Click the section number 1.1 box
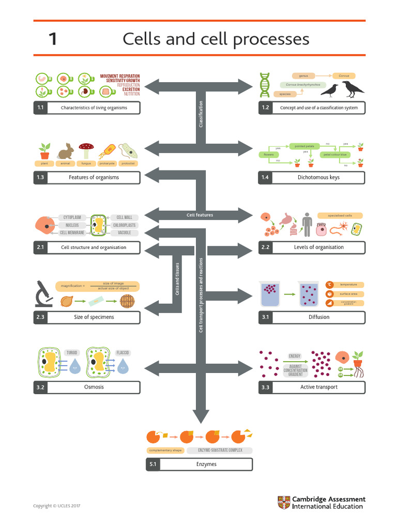coord(40,108)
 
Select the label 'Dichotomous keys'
coord(318,177)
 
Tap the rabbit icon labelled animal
coord(66,151)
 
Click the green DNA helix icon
coord(265,85)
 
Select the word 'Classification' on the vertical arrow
coord(201,114)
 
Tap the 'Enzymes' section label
coord(206,464)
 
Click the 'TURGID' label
coord(71,353)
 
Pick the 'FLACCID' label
coord(123,353)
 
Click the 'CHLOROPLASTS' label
coord(124,226)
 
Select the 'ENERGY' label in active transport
coord(295,356)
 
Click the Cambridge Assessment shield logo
coord(284,503)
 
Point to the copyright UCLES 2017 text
coord(57,506)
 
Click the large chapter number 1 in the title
coord(53,39)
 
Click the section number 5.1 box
coord(152,464)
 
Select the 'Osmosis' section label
coord(94,387)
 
